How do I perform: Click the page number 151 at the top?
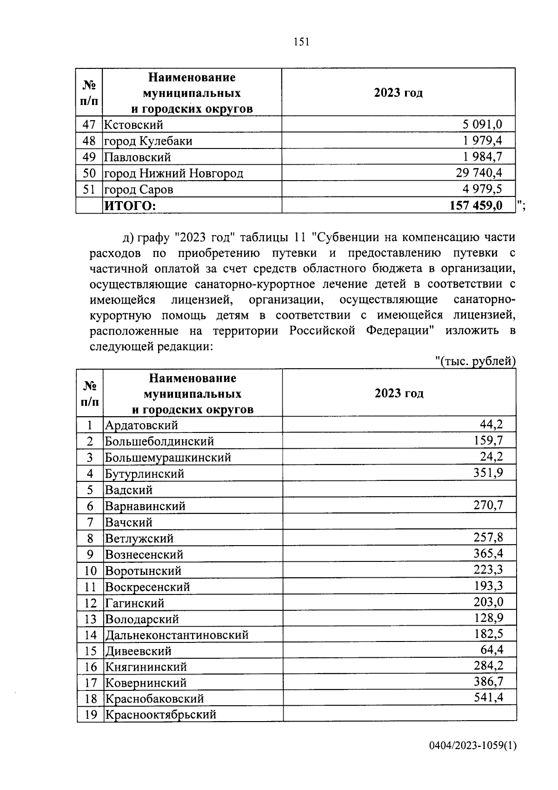pos(301,42)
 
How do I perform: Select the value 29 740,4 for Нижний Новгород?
pos(478,173)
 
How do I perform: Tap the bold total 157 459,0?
pos(476,205)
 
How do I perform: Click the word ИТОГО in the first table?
pos(130,206)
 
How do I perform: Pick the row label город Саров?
pos(139,189)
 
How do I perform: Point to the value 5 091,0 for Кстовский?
pos(482,124)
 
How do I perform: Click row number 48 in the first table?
pos(89,141)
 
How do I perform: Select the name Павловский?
pos(137,157)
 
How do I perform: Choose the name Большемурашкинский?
pos(168,457)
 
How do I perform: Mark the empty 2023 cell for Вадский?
pos(399,489)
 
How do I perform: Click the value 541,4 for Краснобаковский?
pos(488,697)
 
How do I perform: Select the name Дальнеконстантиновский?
pos(177,635)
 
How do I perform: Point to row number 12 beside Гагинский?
pos(90,603)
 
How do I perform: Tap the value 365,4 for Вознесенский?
pos(488,554)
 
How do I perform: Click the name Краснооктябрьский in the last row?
pos(160,714)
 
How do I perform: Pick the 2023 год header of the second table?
pos(399,393)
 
